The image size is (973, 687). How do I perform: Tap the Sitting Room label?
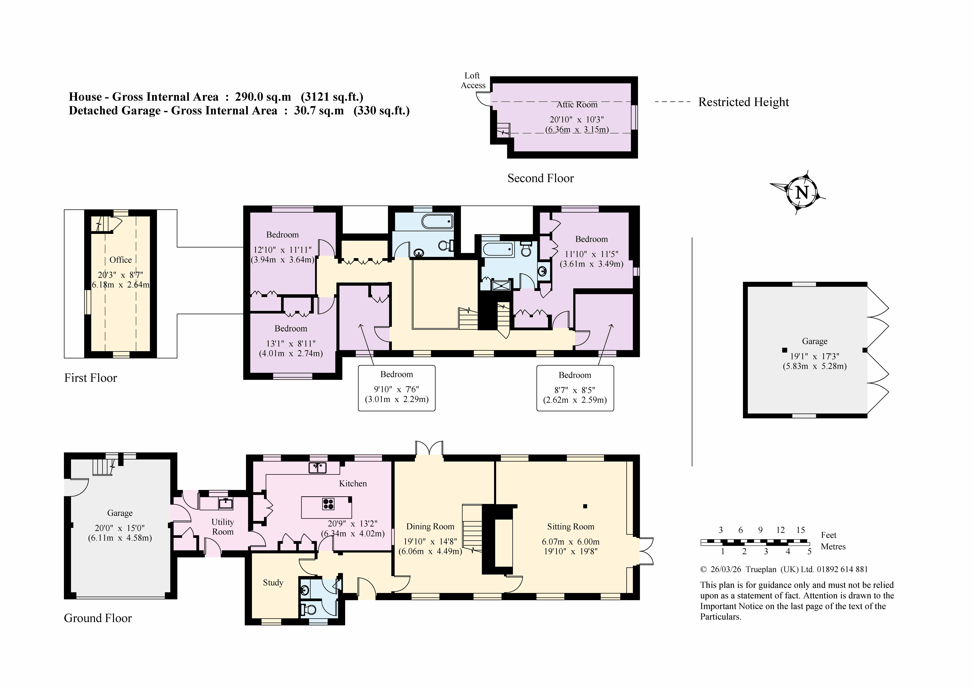(x=570, y=527)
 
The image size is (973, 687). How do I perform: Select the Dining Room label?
(x=430, y=527)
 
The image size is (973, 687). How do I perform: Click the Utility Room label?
(x=222, y=527)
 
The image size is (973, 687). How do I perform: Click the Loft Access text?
(x=473, y=80)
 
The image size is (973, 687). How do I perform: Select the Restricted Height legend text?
(x=743, y=102)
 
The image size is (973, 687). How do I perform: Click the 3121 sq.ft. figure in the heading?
(x=332, y=97)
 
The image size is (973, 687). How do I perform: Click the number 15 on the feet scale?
(x=800, y=530)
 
